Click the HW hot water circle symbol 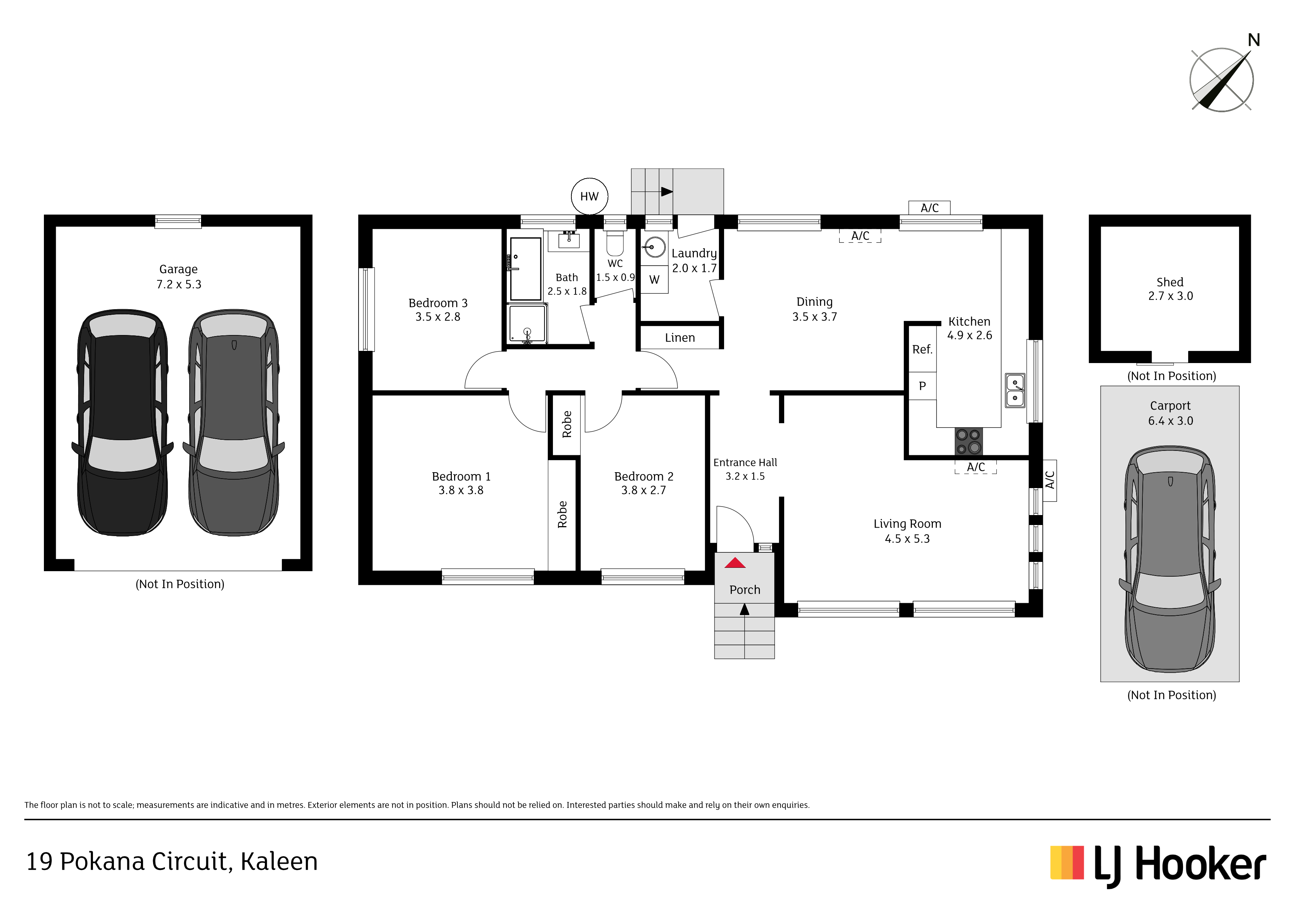point(589,196)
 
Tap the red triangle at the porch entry point(735,563)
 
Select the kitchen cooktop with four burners point(968,441)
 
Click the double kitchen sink point(1015,390)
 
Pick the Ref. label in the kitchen point(922,349)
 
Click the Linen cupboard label point(680,338)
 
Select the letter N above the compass point(1253,40)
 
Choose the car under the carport point(1170,559)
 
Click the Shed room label point(1170,282)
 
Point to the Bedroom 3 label point(438,303)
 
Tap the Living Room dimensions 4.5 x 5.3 point(907,539)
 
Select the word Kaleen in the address point(279,862)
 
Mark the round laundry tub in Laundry point(654,247)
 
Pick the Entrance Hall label point(745,462)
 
